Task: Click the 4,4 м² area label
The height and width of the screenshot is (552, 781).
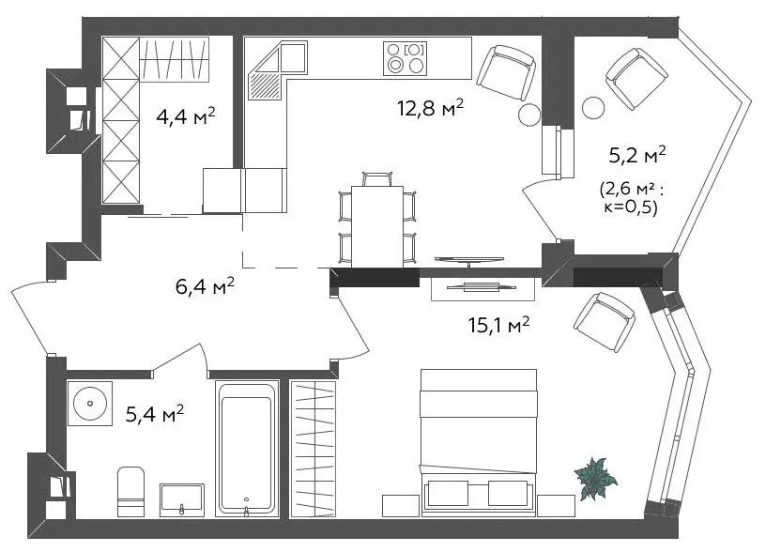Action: coord(186,116)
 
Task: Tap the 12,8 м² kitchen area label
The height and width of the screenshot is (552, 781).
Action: coord(430,107)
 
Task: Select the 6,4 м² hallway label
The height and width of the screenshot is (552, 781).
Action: coord(205,286)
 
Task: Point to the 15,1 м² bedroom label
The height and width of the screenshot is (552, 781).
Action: coord(498,326)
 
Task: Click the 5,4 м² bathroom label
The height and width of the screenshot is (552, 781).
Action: coord(154,413)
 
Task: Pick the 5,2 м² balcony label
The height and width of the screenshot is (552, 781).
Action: coord(637,156)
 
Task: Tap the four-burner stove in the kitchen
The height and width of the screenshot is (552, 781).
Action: coord(405,58)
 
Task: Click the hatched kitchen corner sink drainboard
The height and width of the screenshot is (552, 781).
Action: coord(265,85)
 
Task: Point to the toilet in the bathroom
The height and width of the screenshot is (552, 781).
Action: coord(131,491)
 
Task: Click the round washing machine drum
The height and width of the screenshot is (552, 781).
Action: coord(90,403)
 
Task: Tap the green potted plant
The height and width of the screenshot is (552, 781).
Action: coord(595,478)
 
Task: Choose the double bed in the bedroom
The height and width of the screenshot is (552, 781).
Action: coord(479,442)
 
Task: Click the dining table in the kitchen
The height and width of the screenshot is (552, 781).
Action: coord(377,226)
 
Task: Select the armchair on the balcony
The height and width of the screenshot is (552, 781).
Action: coord(636,78)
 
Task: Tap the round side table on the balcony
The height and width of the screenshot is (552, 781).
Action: coord(593,107)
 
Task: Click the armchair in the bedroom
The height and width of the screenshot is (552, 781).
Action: coord(605,322)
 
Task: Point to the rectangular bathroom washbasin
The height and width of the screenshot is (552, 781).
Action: coord(182,499)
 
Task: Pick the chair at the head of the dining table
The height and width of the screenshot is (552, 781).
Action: coord(377,179)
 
